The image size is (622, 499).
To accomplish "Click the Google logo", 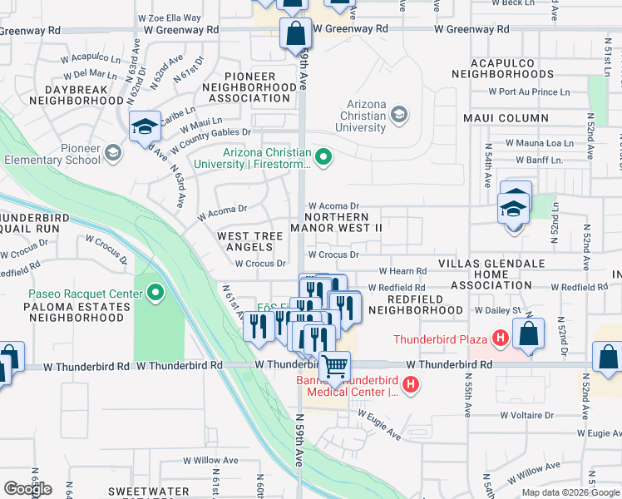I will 27,488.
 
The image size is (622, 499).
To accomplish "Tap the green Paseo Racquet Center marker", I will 155,292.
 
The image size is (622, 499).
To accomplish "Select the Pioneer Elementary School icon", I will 113,154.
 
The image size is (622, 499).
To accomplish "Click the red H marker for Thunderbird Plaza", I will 500,338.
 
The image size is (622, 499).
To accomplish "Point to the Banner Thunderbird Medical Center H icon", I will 410,385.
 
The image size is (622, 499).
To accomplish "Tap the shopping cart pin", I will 334,366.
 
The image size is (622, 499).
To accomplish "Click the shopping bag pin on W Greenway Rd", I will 295,34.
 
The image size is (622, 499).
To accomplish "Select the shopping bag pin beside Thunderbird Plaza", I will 528,334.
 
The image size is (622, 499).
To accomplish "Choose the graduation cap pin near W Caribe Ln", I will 145,127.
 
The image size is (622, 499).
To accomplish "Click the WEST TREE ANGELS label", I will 249,241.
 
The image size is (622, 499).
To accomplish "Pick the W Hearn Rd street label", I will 403,271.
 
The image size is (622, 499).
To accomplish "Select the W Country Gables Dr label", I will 211,132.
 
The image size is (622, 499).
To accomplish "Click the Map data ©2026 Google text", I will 570,492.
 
